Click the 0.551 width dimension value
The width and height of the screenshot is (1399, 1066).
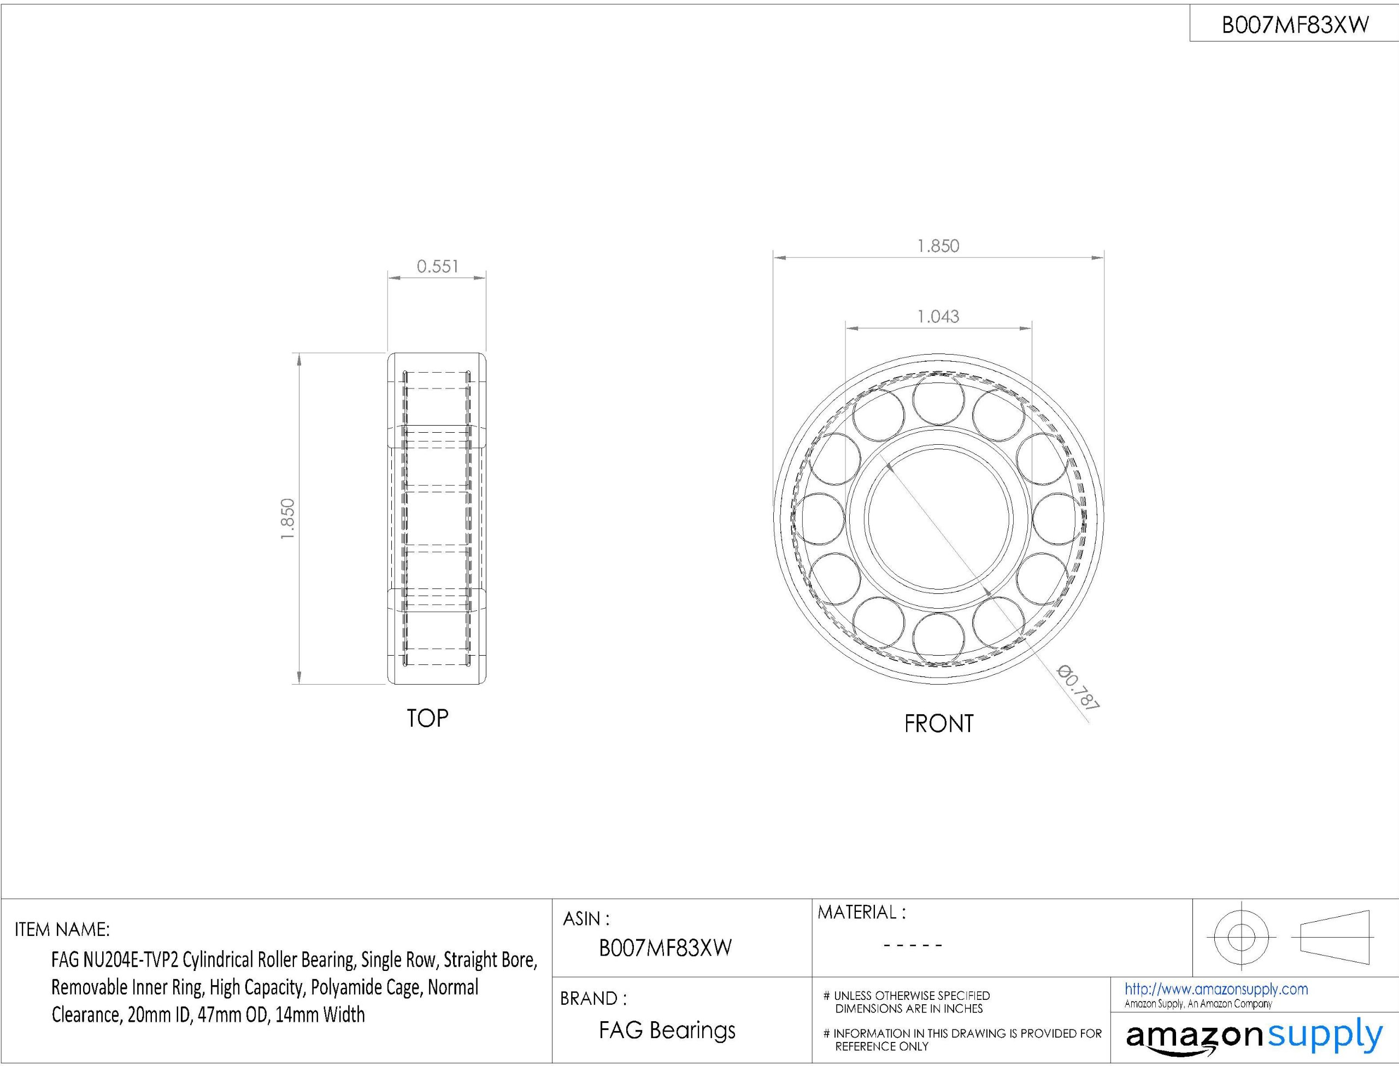437,267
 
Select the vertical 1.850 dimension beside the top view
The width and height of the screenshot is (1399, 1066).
287,519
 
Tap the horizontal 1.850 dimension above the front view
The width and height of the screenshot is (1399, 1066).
938,246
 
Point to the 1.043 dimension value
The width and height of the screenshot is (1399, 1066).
938,316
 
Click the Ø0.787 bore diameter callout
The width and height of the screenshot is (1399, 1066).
1077,687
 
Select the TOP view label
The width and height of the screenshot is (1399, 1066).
427,718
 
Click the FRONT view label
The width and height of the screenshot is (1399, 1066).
938,723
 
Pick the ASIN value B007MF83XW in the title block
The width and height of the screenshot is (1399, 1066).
666,947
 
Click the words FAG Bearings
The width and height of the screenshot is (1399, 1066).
667,1030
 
